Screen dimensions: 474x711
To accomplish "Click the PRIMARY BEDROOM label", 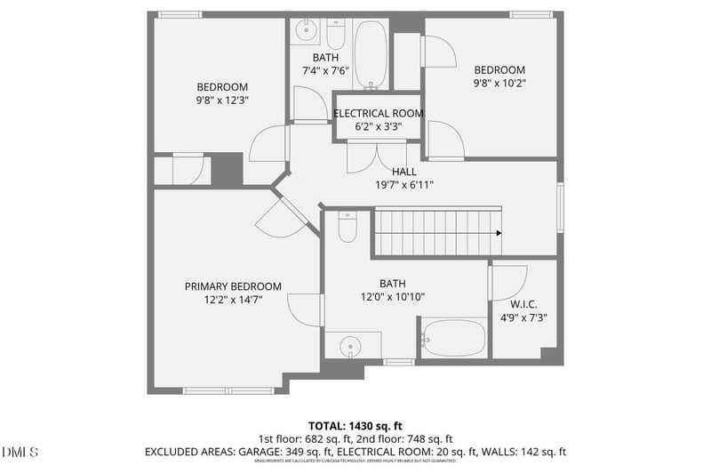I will [233, 286].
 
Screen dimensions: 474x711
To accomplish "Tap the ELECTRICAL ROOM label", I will [378, 114].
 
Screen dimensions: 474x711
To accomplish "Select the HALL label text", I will [403, 172].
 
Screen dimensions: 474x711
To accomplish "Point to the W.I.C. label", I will [524, 303].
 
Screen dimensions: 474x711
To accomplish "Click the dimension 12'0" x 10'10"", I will [392, 297].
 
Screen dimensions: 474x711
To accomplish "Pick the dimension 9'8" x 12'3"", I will [221, 100].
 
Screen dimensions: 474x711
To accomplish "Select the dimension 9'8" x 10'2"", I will [499, 84].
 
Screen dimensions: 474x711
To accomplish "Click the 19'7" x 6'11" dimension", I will [403, 185].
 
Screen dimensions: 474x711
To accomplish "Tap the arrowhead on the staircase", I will [499, 233].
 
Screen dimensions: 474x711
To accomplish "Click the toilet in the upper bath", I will [335, 36].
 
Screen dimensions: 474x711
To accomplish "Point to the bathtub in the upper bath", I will [370, 53].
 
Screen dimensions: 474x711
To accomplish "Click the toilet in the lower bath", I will [347, 229].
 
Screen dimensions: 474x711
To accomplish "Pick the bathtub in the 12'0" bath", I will [453, 339].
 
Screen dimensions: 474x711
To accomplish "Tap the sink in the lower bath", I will [349, 345].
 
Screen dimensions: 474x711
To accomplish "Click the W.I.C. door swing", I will [508, 283].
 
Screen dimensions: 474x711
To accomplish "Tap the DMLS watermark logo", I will [20, 453].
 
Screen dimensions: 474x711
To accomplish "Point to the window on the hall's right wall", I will [560, 207].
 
